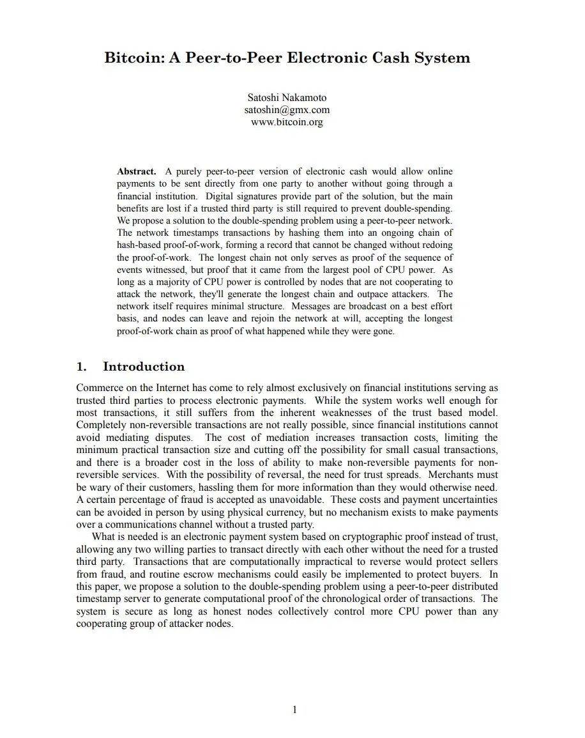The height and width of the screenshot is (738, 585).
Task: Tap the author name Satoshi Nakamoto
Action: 287,98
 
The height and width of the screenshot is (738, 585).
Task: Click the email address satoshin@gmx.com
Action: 287,110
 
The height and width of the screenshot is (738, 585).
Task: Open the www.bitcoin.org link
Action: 287,122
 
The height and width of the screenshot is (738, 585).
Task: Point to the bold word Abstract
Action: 137,172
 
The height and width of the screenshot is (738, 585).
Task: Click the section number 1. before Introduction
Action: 81,367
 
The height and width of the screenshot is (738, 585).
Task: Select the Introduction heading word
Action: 144,367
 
